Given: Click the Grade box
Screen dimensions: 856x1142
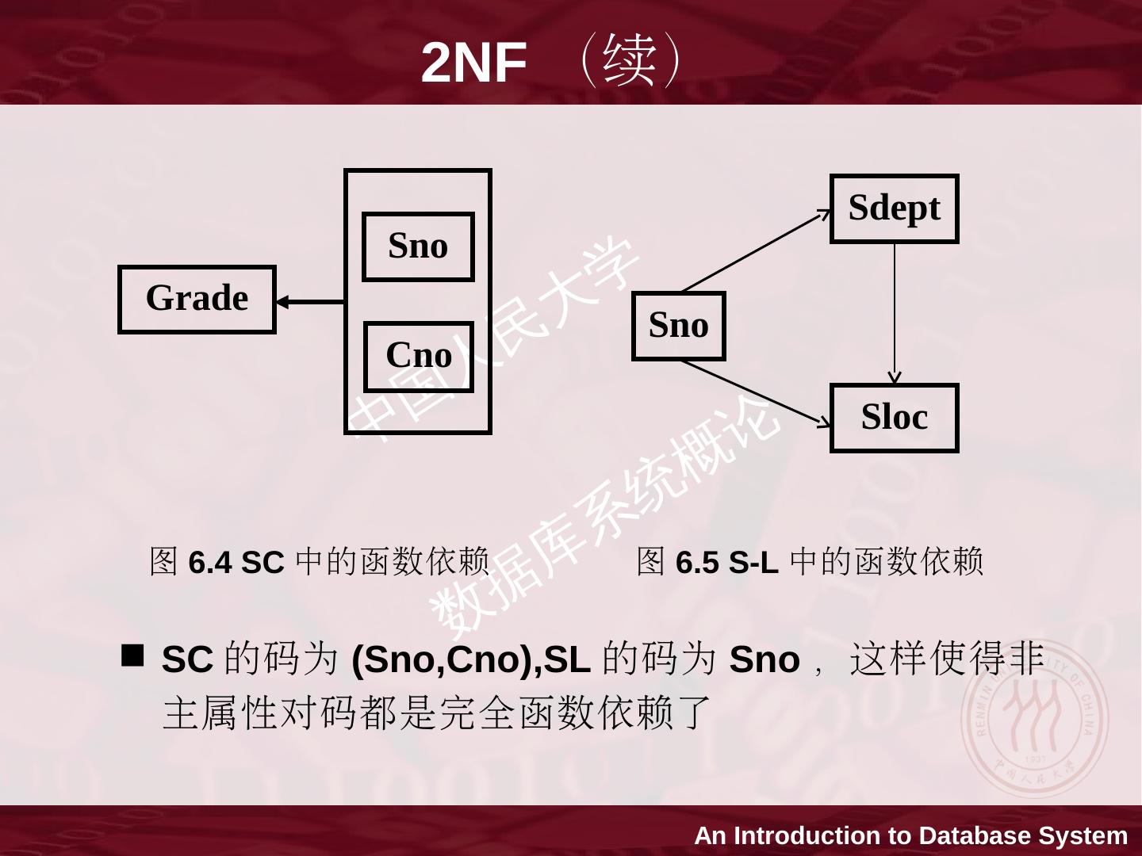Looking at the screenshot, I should tap(197, 299).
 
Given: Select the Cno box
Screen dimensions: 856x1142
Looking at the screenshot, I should tap(418, 356).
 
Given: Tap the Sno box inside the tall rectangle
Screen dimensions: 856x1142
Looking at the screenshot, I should tap(418, 246).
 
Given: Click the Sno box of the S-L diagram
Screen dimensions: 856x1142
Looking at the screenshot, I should tap(678, 326).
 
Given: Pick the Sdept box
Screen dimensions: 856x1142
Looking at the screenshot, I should tap(894, 208).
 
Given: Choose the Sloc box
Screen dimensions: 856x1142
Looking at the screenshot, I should tap(894, 418).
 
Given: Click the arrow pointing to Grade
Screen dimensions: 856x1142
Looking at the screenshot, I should tap(310, 302).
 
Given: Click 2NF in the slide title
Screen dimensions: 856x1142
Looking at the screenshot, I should tap(473, 63).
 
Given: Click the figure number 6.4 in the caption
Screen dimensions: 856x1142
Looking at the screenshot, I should tap(210, 563).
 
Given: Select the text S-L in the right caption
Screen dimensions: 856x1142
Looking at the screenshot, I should tap(753, 563).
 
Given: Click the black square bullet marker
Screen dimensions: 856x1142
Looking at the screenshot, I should tap(133, 654).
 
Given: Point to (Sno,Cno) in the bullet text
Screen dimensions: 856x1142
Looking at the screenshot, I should tap(443, 659).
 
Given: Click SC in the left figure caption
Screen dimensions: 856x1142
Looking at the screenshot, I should tap(263, 563).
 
